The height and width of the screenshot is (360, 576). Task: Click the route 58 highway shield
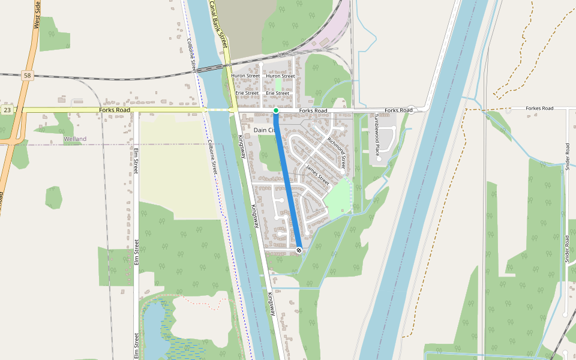[26, 75]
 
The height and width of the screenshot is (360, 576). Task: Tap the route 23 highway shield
[7, 110]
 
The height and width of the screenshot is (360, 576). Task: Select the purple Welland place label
[75, 139]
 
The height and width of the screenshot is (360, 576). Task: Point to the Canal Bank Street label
[219, 24]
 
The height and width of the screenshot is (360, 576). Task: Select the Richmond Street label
[337, 152]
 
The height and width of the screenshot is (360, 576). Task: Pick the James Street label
[317, 175]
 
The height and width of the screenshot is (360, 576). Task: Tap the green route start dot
[275, 110]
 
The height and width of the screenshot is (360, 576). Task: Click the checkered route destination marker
[299, 250]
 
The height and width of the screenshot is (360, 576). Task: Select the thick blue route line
[287, 180]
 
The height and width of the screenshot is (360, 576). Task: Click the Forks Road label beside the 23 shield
[115, 110]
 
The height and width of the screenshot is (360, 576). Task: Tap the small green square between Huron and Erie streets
[278, 85]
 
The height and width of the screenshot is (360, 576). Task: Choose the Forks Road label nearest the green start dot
[313, 111]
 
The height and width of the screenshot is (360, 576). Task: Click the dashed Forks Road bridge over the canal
[217, 110]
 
